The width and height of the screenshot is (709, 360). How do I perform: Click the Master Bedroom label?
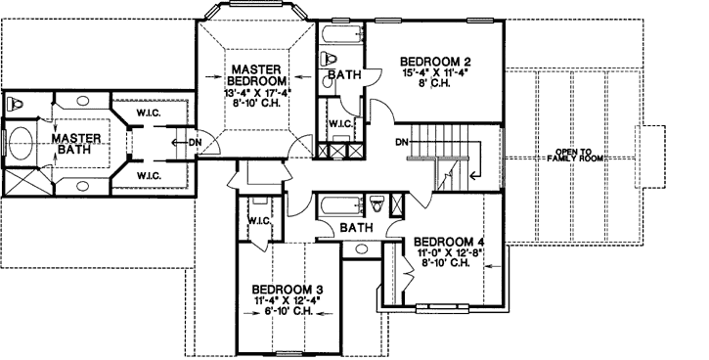(x=258, y=73)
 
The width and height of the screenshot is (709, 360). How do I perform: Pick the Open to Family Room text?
(x=581, y=155)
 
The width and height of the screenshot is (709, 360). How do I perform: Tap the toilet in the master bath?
(x=15, y=103)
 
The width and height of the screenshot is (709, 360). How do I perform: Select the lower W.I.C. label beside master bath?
(x=149, y=175)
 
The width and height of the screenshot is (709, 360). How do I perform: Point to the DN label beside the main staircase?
(x=401, y=143)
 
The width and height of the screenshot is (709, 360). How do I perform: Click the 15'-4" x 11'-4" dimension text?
(x=433, y=71)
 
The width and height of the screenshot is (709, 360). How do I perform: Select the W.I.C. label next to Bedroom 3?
(x=258, y=220)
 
